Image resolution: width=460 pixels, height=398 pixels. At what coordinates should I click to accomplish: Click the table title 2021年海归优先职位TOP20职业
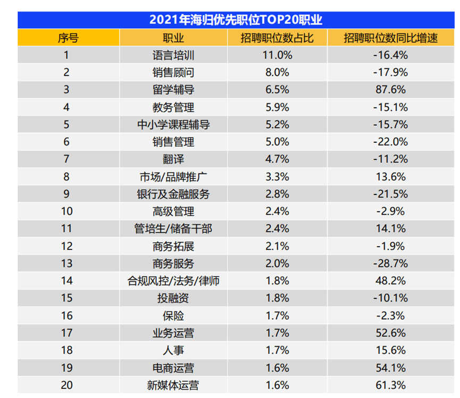(236, 20)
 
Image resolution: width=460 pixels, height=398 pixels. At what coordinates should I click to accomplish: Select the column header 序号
(68, 38)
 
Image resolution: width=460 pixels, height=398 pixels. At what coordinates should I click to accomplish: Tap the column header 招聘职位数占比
(276, 38)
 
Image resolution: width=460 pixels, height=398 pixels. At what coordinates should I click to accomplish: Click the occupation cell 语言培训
(173, 55)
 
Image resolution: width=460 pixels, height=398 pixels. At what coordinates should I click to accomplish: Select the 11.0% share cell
(276, 55)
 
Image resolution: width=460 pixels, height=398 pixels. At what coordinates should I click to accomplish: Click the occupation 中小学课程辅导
(173, 125)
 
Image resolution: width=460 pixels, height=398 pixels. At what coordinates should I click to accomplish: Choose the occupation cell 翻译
(173, 159)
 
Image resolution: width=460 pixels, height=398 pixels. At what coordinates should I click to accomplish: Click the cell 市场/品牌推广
(173, 176)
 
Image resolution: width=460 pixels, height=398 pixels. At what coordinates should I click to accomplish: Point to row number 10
(66, 212)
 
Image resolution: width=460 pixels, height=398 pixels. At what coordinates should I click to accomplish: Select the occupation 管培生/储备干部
(173, 229)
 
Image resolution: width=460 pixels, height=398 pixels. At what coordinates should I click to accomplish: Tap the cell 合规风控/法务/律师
(173, 281)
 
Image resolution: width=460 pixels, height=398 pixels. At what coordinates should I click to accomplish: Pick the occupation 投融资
(173, 298)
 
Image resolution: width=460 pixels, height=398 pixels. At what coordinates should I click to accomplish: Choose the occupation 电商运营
(173, 368)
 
